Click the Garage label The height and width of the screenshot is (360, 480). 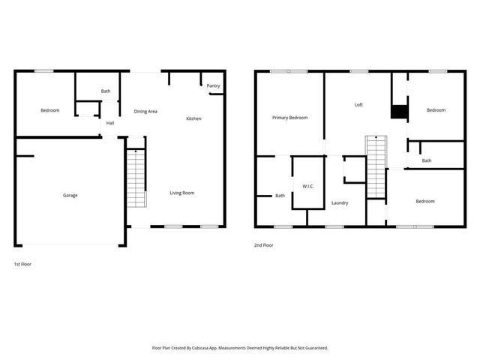tap(70, 195)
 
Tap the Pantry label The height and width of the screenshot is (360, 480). tap(213, 86)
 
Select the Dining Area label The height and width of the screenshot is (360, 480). tap(145, 112)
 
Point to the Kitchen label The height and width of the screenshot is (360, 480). tap(193, 118)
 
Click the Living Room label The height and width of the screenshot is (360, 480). tap(181, 193)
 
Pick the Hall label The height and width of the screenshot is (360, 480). tap(110, 123)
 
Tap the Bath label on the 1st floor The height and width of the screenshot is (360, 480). tap(106, 91)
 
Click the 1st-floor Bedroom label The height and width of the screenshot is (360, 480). tap(49, 111)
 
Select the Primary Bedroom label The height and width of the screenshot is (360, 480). tap(289, 118)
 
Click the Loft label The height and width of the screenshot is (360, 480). tap(358, 105)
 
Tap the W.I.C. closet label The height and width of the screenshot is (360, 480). tap(307, 185)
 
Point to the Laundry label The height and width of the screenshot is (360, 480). tap(339, 202)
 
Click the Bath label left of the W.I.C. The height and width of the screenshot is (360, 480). tap(280, 196)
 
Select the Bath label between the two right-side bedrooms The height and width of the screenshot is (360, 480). tap(426, 160)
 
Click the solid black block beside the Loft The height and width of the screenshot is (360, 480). tap(398, 112)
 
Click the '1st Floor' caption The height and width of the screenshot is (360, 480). tap(22, 264)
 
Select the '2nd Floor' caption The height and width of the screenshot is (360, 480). tap(263, 244)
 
